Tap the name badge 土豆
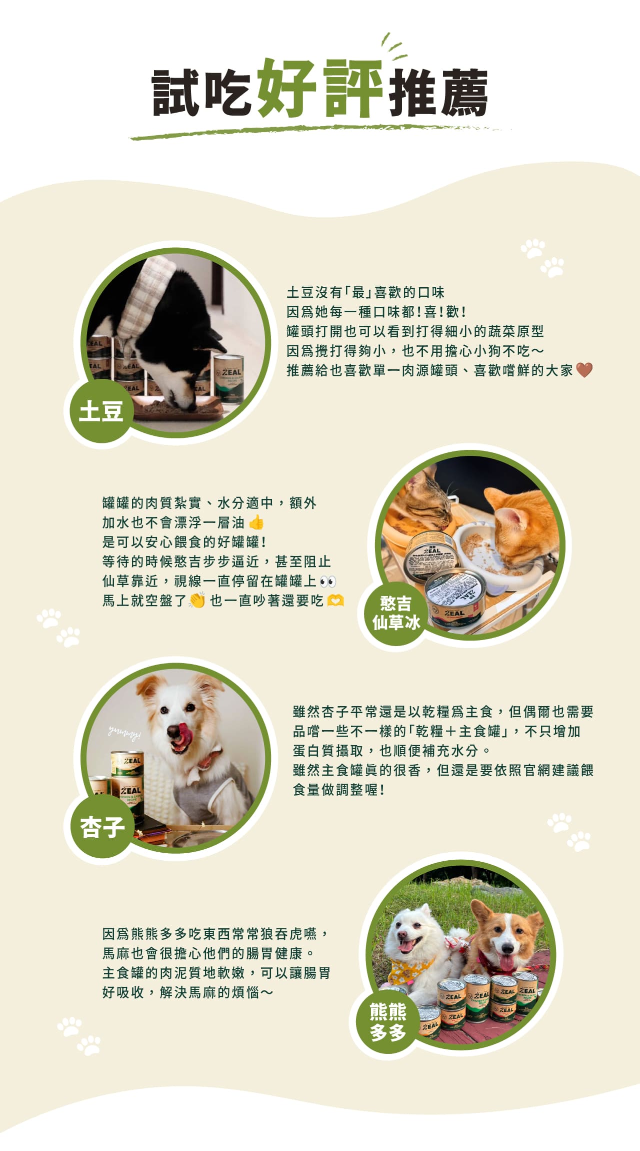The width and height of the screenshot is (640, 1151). tap(100, 411)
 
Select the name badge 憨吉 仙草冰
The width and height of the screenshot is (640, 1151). tap(396, 613)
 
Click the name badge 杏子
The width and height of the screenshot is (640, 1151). tap(102, 826)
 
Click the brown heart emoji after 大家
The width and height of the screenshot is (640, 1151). tap(584, 370)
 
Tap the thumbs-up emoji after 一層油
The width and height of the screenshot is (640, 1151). tap(256, 522)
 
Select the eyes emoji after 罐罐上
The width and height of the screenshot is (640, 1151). tap(327, 581)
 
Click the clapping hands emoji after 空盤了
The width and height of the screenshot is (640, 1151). tap(197, 600)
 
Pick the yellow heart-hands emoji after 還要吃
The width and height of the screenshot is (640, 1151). tap(335, 600)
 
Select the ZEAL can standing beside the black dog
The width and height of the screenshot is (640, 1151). tap(228, 378)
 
